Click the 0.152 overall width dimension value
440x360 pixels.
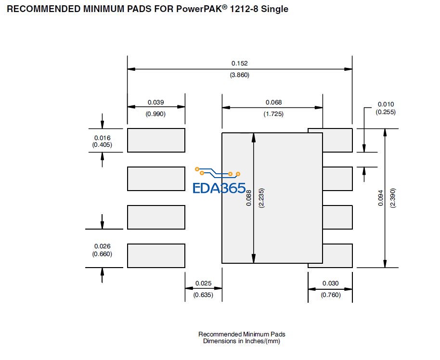(x=239, y=63)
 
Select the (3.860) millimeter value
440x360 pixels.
(x=239, y=75)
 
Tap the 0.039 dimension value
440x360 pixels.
(x=155, y=102)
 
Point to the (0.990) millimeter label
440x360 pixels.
(x=155, y=114)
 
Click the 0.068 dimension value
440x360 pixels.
(x=273, y=102)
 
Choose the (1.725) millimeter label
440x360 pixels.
(x=273, y=114)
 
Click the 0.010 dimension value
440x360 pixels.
(x=386, y=104)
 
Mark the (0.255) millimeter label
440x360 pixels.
(x=386, y=112)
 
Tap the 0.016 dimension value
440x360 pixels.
(x=102, y=138)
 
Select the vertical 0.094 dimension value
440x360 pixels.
(x=381, y=197)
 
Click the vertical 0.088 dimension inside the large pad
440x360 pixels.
(x=248, y=197)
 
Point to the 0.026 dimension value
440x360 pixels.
(x=102, y=246)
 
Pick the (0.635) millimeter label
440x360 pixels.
(x=203, y=295)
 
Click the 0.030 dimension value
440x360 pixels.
(x=330, y=283)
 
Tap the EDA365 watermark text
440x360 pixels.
(x=219, y=188)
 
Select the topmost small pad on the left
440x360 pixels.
(x=156, y=140)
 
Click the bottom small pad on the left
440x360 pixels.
(x=156, y=256)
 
